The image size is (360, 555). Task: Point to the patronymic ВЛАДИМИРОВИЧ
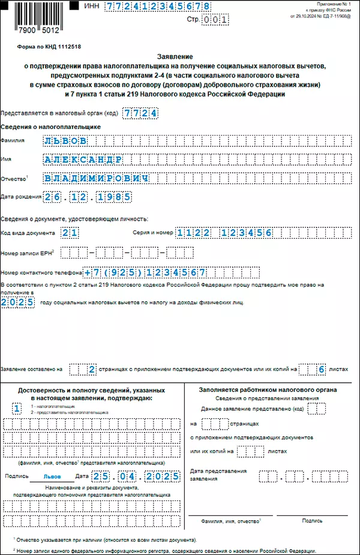pos(97,179)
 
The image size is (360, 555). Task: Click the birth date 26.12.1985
pos(88,197)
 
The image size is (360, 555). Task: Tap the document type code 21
pos(70,233)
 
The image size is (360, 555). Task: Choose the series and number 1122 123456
pos(225,233)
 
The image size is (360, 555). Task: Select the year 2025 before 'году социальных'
pos(18,302)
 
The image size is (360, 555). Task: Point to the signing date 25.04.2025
pos(136,476)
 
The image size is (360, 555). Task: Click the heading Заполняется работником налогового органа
pos(268,389)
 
